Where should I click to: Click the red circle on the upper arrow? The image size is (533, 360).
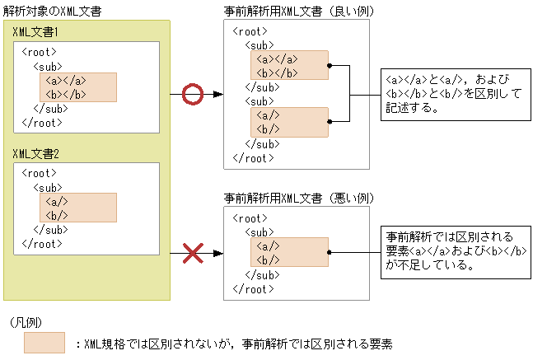pos(191,95)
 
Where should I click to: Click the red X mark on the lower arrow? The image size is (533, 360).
pos(192,252)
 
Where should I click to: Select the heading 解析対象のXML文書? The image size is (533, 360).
pos(50,9)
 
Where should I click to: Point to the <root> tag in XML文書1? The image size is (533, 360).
pos(40,52)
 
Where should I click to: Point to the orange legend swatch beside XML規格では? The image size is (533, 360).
pos(44,343)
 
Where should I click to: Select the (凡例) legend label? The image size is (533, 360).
pos(25,320)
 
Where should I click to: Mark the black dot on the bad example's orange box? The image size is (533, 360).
pos(329,251)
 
